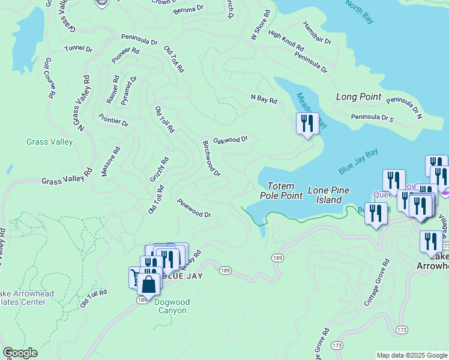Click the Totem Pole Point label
(280, 191)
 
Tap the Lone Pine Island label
(325, 195)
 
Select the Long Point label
(358, 97)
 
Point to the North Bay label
(360, 12)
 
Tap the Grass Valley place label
(50, 142)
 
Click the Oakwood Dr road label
(231, 139)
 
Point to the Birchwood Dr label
(211, 158)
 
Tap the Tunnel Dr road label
(79, 48)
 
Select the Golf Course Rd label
(50, 77)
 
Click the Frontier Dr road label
(113, 120)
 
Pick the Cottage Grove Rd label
(377, 283)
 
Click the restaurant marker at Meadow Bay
(307, 124)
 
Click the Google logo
(20, 353)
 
